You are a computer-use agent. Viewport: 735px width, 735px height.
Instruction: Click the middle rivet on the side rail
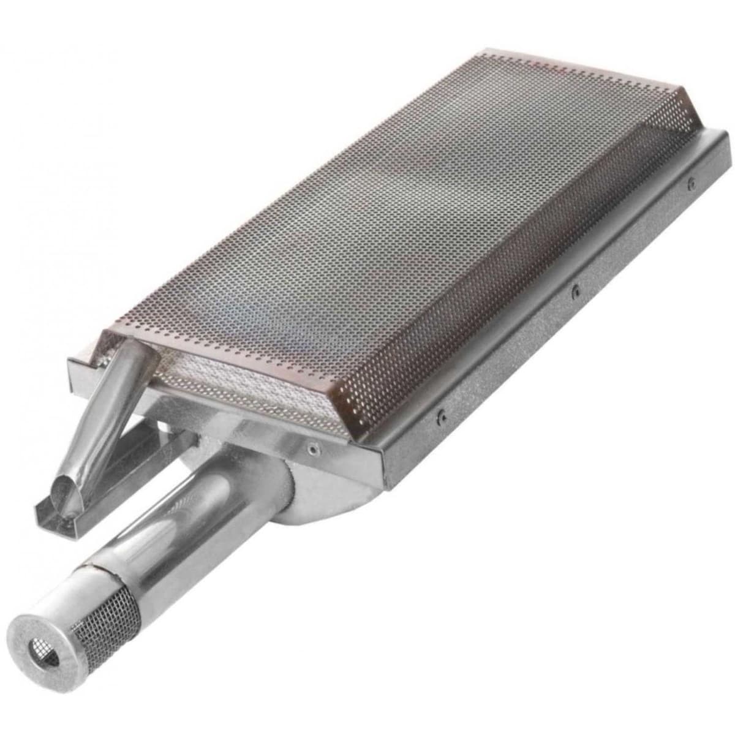click(x=574, y=290)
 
